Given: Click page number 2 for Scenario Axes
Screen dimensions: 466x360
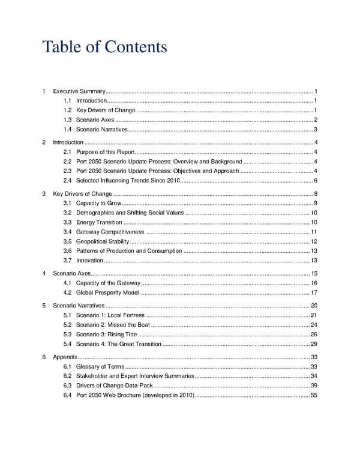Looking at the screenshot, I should coord(315,120).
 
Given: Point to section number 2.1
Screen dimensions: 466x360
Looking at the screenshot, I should coord(67,152).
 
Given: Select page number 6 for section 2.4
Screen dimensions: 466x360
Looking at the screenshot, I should coord(315,181).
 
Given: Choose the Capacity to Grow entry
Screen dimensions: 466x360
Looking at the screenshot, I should coord(98,204).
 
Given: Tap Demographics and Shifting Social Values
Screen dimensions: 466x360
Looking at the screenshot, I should coord(130,213).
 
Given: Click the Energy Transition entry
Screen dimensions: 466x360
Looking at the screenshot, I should coord(99,223).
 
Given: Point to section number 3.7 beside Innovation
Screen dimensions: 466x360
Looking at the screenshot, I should coord(67,260).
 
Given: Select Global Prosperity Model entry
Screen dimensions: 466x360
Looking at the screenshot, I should coord(107,292).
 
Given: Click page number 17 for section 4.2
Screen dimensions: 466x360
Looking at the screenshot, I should coord(314,292).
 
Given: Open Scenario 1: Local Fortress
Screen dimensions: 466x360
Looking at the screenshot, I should coord(110,315).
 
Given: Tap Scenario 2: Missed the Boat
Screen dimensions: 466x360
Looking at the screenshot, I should coord(113,325).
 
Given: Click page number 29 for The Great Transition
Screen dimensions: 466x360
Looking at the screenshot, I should coord(314,343).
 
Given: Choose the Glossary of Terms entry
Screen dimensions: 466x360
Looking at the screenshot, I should coord(100,366).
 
